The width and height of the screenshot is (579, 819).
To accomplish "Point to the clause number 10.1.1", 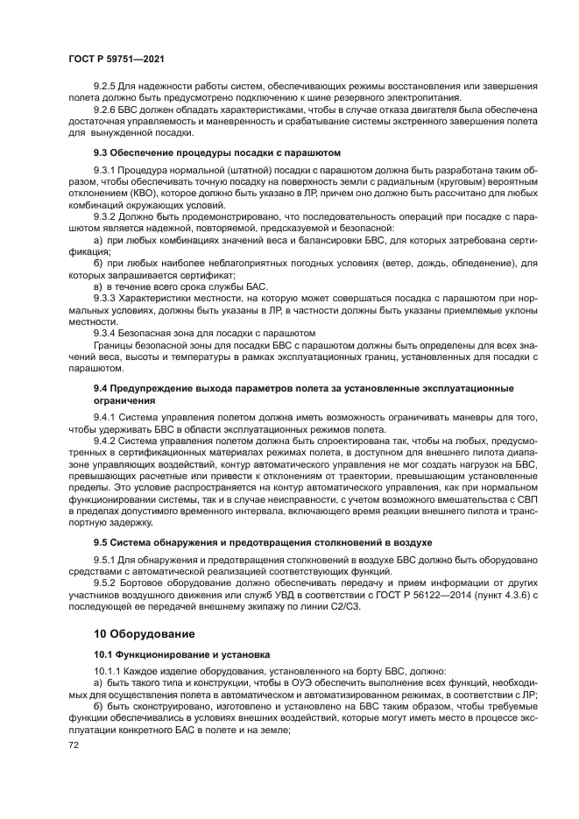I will [x=108, y=670].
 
